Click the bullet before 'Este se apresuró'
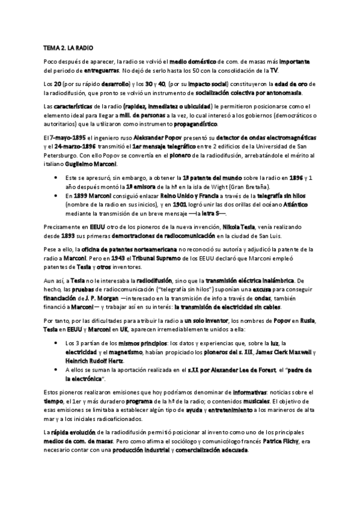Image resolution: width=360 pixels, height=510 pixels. (55, 178)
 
